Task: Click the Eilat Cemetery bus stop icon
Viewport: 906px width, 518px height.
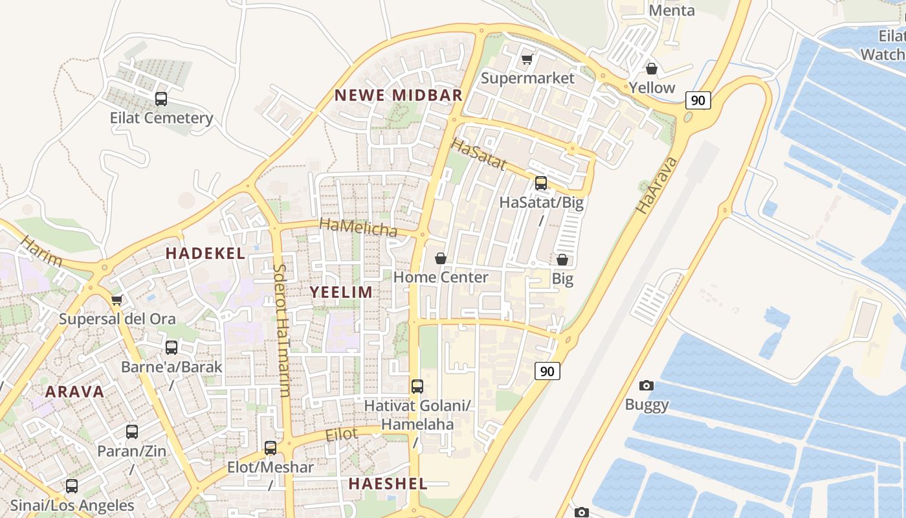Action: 161,99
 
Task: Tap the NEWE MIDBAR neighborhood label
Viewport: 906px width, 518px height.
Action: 398,95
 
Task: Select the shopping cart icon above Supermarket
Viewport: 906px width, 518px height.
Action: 527,60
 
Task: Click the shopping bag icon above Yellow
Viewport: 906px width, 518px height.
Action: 652,68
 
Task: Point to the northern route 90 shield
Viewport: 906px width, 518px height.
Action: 698,100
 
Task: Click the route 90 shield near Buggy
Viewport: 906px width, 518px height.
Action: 547,371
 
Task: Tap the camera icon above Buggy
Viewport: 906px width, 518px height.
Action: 646,386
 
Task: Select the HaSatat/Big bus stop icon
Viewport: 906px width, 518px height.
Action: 541,183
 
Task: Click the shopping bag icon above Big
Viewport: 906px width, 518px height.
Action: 562,260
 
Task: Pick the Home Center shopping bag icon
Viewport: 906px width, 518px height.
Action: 441,258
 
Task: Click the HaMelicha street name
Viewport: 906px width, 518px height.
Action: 358,227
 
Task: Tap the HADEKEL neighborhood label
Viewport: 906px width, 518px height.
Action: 205,253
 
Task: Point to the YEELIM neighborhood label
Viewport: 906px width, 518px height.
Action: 341,292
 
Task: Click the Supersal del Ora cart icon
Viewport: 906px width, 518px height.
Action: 117,300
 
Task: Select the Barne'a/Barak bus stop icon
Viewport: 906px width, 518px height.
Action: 171,348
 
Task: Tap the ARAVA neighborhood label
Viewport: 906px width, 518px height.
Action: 74,392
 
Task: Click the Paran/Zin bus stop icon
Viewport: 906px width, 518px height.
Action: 132,432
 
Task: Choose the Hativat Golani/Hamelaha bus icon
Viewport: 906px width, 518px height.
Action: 417,387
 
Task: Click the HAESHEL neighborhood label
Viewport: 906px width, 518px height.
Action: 388,484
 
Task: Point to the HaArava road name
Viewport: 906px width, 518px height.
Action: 656,185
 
